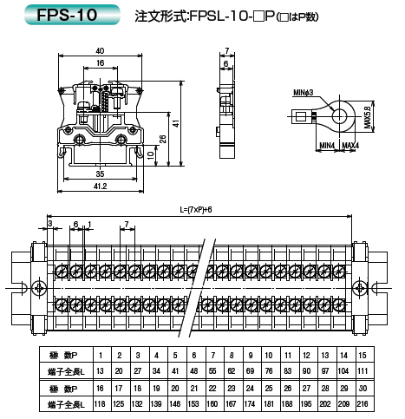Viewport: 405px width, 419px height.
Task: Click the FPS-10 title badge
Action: click(x=72, y=15)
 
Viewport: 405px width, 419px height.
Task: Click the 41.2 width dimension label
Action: click(x=100, y=186)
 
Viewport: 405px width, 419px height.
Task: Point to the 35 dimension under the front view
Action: click(x=100, y=173)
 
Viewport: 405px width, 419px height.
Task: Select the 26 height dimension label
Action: click(x=163, y=139)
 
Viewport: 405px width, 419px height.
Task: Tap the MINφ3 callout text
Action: click(x=303, y=93)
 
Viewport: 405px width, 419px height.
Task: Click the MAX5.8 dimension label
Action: click(x=367, y=117)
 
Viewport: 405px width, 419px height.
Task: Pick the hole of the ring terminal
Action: click(x=339, y=116)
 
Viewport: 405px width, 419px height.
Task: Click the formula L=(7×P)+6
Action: click(x=196, y=209)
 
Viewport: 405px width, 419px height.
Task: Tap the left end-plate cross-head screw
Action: click(x=39, y=288)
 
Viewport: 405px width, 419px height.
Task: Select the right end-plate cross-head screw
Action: click(x=360, y=288)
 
